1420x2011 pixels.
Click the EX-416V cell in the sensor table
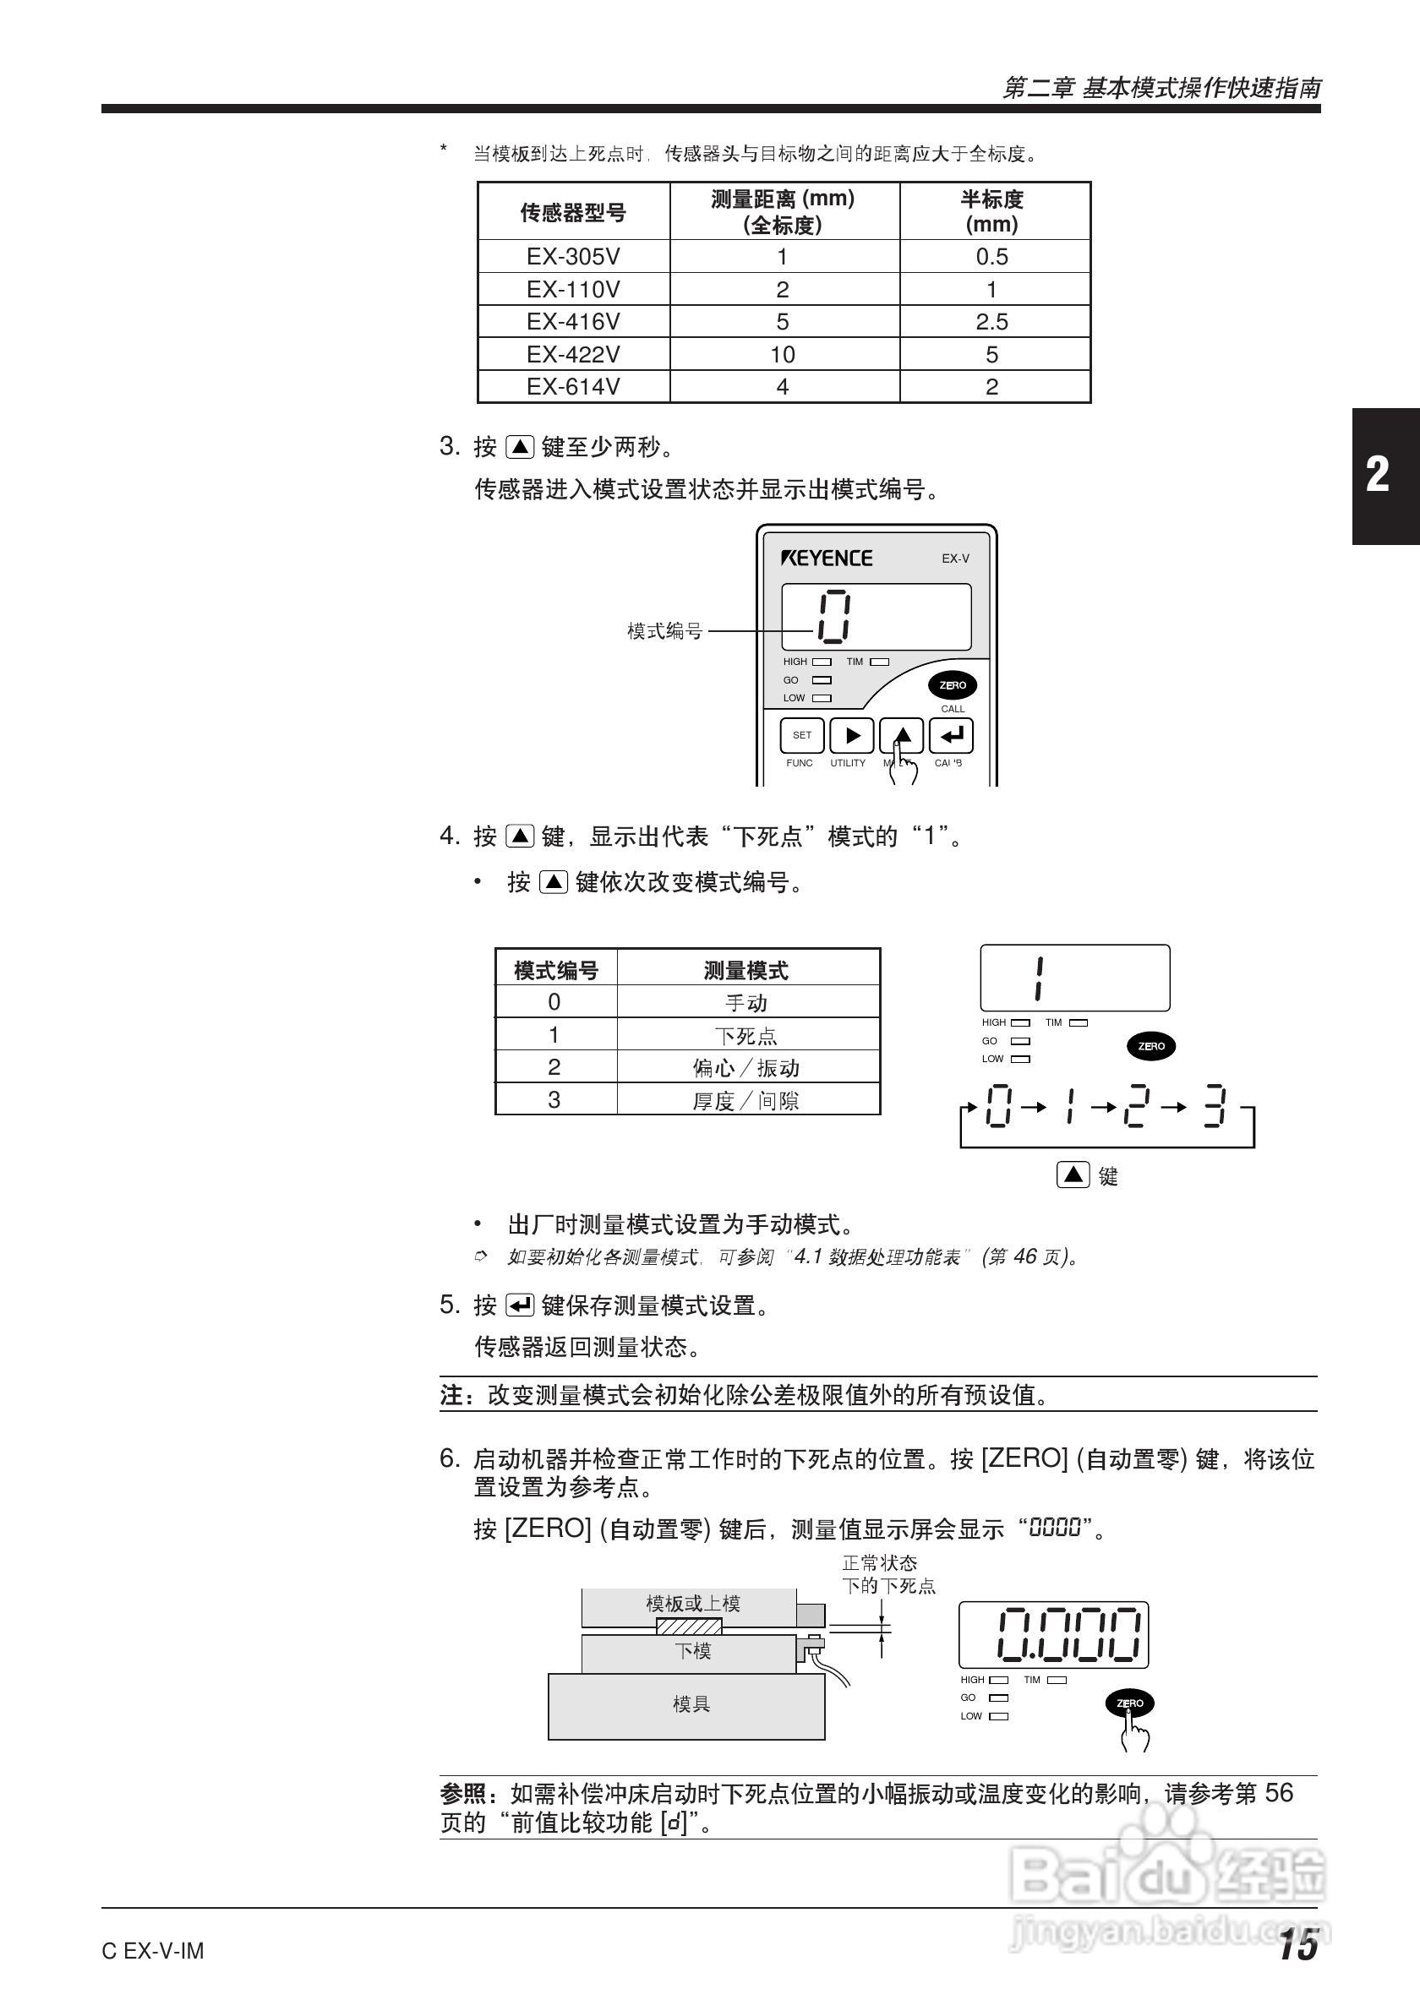coord(573,321)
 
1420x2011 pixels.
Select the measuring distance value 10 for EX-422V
coord(783,355)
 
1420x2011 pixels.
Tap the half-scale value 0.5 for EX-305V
coord(991,257)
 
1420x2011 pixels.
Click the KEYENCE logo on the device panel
coord(826,559)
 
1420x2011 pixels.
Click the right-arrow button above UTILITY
coord(851,736)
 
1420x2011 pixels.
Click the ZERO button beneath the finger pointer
coord(1129,1703)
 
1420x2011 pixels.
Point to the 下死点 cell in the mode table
coord(745,1035)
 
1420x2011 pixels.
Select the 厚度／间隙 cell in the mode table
coord(745,1100)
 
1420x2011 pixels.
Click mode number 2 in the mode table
coord(554,1068)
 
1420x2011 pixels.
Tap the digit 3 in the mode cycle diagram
coord(1214,1108)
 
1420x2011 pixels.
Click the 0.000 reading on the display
coord(1068,1634)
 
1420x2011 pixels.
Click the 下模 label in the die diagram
coord(692,1651)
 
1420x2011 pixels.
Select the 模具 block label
coord(691,1703)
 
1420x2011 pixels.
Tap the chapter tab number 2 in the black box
coord(1377,475)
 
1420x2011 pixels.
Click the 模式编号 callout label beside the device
coord(664,630)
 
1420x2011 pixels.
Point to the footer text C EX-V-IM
coord(152,1952)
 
